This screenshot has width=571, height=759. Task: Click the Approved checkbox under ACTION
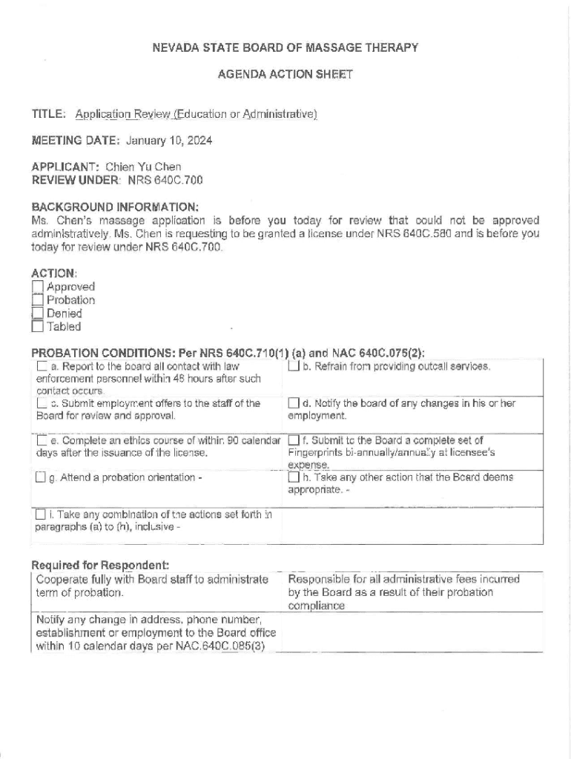(x=38, y=287)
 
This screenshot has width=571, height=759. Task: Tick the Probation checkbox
(x=38, y=300)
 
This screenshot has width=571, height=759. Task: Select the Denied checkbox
(x=38, y=313)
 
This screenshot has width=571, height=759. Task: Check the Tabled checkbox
(x=38, y=326)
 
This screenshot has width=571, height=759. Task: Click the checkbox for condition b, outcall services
(x=294, y=366)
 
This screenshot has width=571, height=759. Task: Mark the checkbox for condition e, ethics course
(x=42, y=441)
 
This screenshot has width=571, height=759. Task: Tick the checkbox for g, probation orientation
(x=40, y=478)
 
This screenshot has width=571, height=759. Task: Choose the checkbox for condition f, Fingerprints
(x=294, y=441)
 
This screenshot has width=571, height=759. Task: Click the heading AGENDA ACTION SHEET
(x=285, y=74)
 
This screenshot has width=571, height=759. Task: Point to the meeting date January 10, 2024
(x=169, y=140)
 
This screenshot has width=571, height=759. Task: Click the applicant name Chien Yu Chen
(x=143, y=167)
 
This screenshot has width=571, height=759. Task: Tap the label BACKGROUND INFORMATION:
(x=115, y=207)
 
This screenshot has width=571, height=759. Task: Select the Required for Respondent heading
(x=100, y=566)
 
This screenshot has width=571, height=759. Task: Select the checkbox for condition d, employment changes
(x=294, y=403)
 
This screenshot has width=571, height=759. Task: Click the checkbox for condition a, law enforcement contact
(x=42, y=366)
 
